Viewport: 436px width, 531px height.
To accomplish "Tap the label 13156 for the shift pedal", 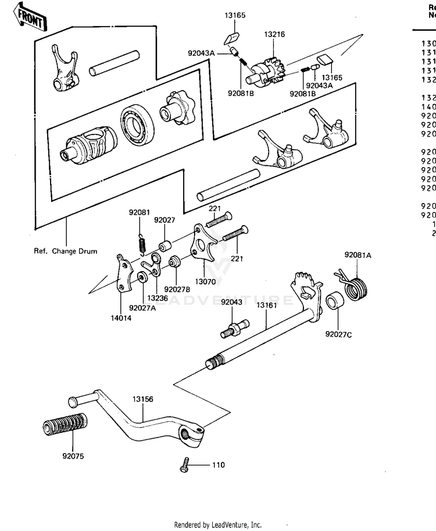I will point(142,399).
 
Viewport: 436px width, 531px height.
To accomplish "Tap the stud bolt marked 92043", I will point(234,330).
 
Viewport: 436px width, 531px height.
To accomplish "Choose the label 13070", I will point(205,281).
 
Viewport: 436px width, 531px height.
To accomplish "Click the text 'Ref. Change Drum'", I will point(66,251).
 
